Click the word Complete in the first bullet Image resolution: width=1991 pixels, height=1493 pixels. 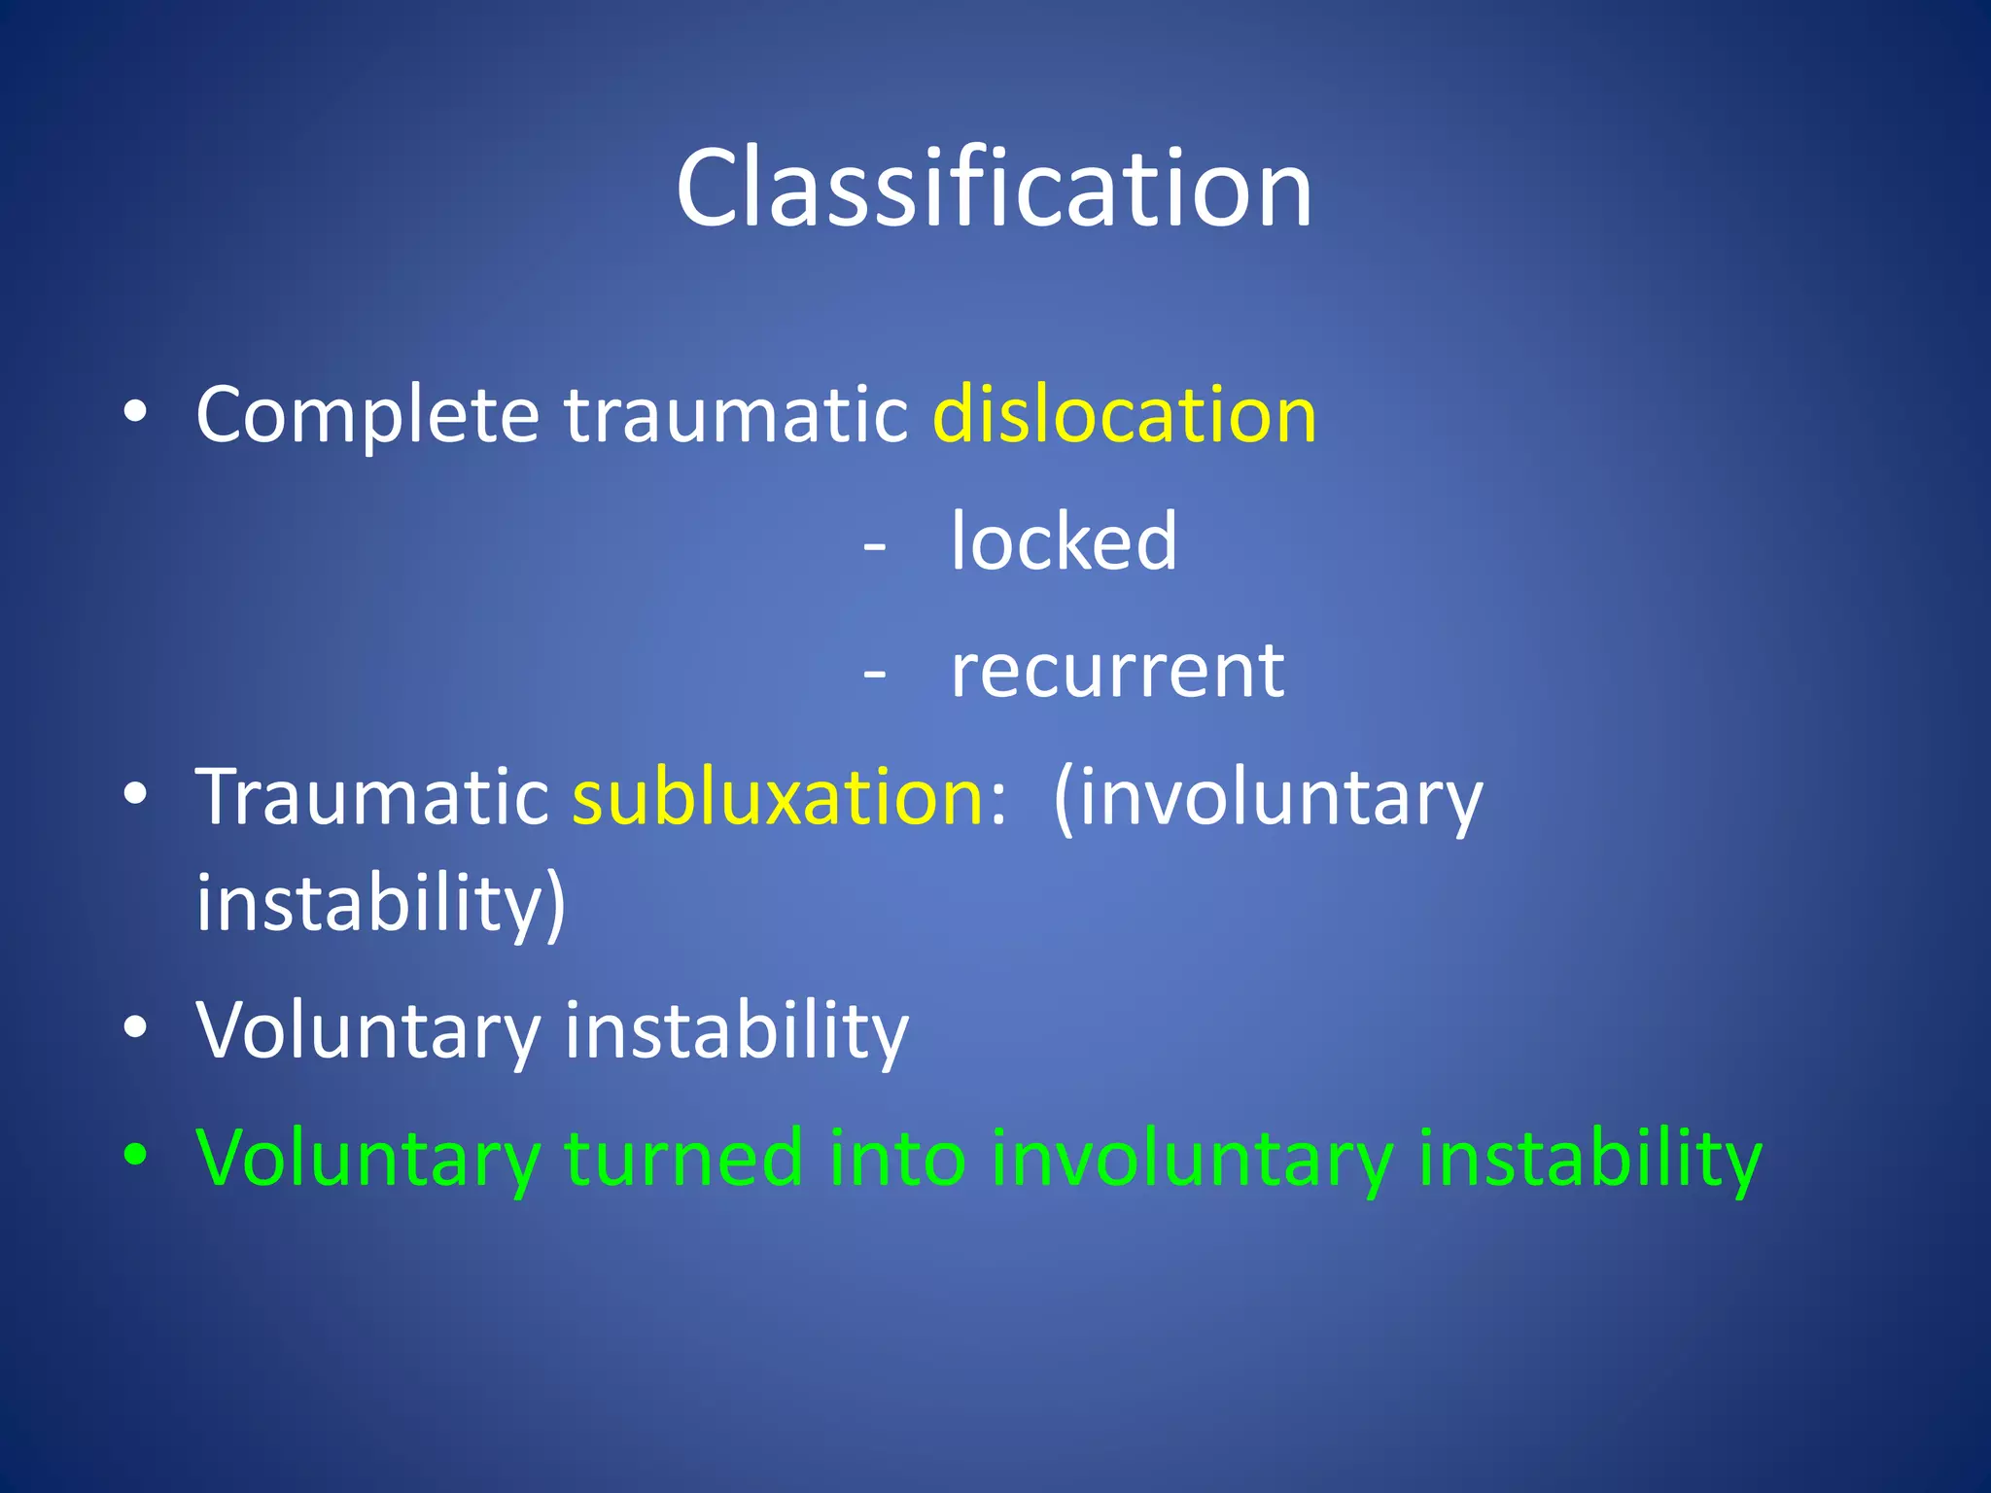point(367,416)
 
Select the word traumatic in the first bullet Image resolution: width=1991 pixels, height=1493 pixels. point(736,416)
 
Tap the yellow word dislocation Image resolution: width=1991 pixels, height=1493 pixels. point(1124,416)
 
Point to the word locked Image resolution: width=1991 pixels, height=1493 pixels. point(1064,541)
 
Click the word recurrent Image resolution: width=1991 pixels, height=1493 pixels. point(1117,671)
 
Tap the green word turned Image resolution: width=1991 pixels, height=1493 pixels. point(683,1159)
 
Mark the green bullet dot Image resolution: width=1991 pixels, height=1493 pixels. point(135,1155)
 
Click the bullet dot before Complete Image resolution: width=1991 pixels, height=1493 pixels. point(135,412)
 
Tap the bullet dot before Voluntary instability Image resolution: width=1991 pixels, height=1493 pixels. point(135,1026)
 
